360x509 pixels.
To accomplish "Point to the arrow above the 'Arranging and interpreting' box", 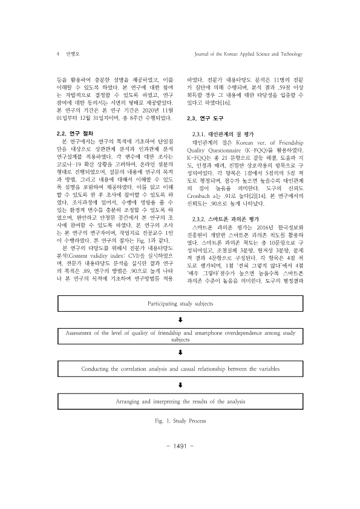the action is [x=181, y=384].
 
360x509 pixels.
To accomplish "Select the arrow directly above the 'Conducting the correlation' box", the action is [x=181, y=352].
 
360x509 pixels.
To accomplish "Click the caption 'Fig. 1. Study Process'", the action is [x=180, y=419].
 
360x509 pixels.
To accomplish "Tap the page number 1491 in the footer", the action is [x=180, y=462].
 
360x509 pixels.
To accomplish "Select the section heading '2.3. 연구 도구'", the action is [x=205, y=118].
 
